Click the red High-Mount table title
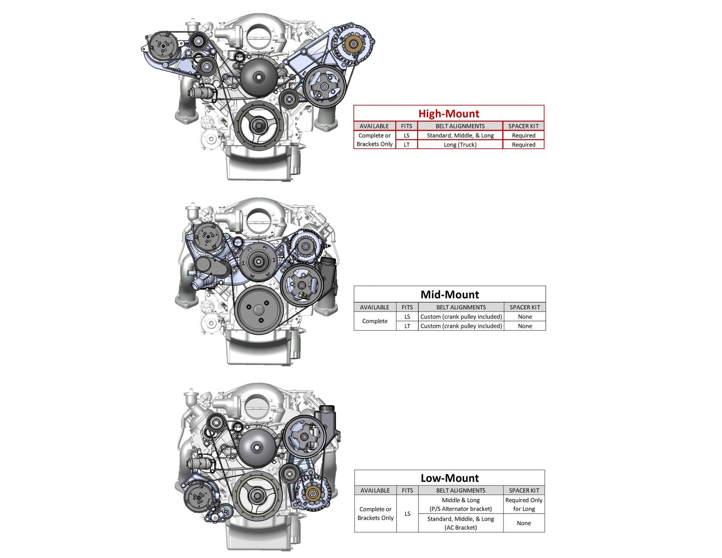(449, 113)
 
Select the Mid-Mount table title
(450, 294)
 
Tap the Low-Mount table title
(450, 478)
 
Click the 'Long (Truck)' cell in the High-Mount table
(460, 145)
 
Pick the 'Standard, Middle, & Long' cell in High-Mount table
(460, 136)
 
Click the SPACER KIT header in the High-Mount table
(523, 126)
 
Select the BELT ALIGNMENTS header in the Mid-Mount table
(461, 307)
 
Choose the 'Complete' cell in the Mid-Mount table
(375, 321)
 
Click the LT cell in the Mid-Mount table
(407, 326)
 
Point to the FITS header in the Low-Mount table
(407, 490)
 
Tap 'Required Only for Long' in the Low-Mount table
(524, 505)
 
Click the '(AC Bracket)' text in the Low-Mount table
(461, 528)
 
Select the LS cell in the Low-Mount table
(407, 514)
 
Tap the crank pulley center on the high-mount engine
(257, 125)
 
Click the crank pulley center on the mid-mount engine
(259, 310)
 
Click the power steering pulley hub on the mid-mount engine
(302, 285)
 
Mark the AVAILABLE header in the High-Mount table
(374, 126)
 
